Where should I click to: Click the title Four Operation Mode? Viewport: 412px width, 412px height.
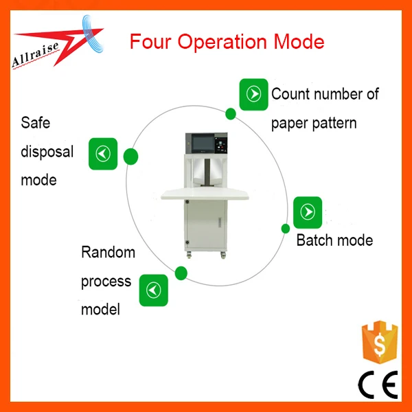227,41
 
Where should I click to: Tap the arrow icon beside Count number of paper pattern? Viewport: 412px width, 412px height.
253,94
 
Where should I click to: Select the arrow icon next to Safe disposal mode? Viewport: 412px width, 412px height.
103,154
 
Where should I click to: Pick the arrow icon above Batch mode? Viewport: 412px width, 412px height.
308,211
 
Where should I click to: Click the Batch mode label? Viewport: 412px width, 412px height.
334,240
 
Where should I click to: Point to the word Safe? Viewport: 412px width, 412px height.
36,124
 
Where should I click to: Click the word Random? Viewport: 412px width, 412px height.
108,252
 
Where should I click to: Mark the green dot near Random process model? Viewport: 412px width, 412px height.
181,274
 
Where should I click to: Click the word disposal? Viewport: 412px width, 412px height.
47,152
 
